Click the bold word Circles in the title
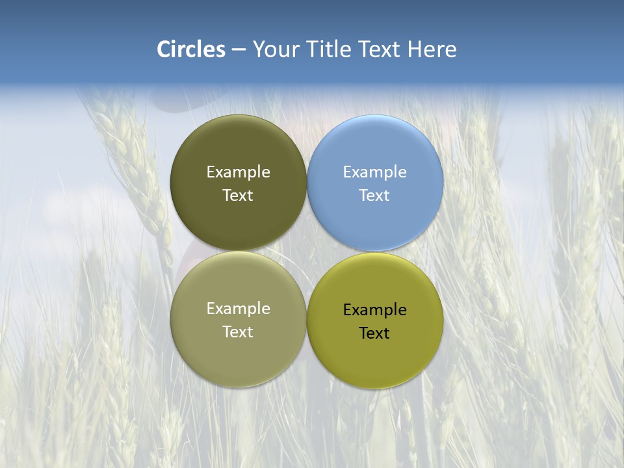[x=191, y=49]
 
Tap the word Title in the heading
[x=330, y=49]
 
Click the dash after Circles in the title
[x=239, y=50]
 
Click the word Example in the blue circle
[x=374, y=172]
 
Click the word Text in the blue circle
[x=374, y=196]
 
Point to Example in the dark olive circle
[x=238, y=172]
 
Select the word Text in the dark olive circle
[x=238, y=196]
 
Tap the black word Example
[x=374, y=310]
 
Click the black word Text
[x=374, y=333]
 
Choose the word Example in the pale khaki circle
[x=238, y=309]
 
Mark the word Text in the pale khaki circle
[x=238, y=332]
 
